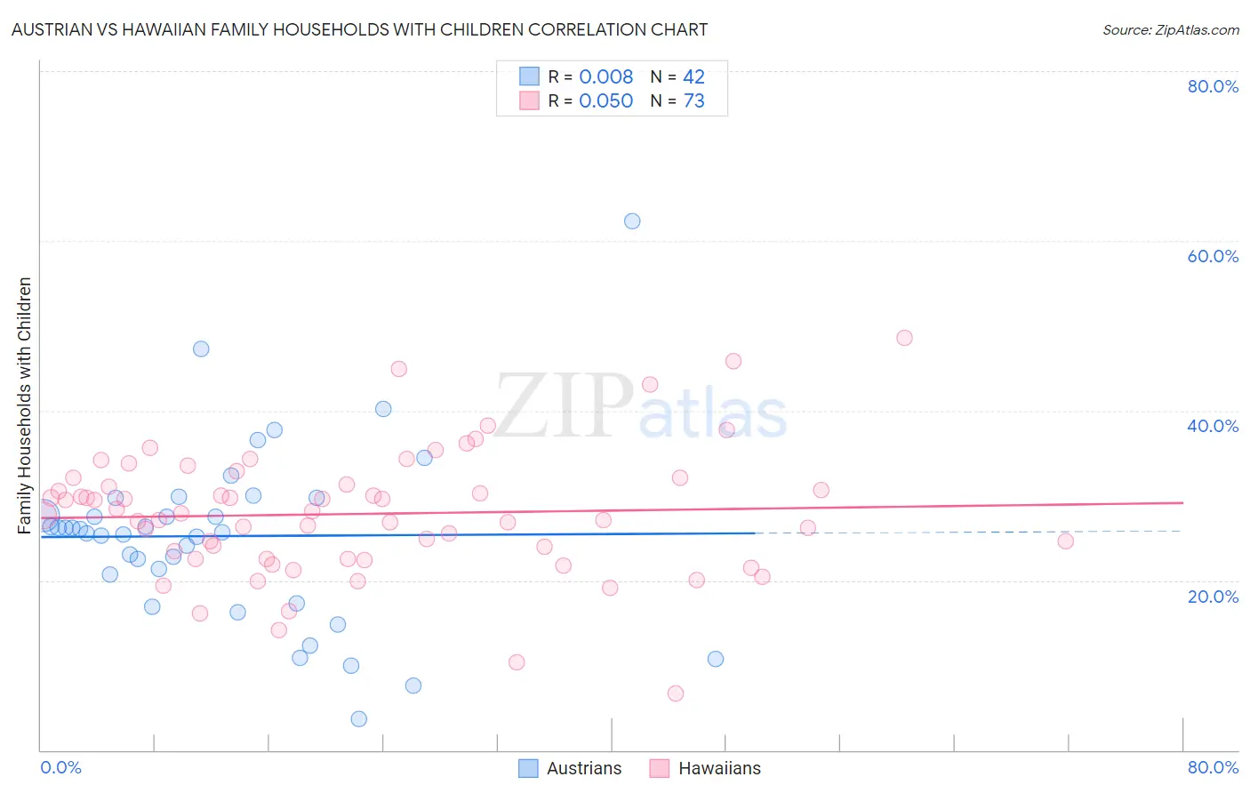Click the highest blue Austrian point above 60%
(632, 221)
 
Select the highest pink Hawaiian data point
(904, 338)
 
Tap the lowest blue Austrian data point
(358, 719)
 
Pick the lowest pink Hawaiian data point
(676, 693)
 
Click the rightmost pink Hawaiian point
(1065, 541)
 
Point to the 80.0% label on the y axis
(1213, 86)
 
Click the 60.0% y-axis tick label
(1213, 256)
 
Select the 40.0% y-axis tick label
(1213, 426)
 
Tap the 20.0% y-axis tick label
(1213, 597)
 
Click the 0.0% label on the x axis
(60, 767)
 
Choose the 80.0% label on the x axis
(1213, 767)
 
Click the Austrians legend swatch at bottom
(528, 769)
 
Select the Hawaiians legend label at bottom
(719, 769)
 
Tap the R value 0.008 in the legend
(605, 77)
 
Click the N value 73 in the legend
(693, 101)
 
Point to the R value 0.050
(605, 101)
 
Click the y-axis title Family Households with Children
(25, 405)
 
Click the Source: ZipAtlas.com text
(1170, 30)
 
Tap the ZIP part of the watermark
(564, 406)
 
